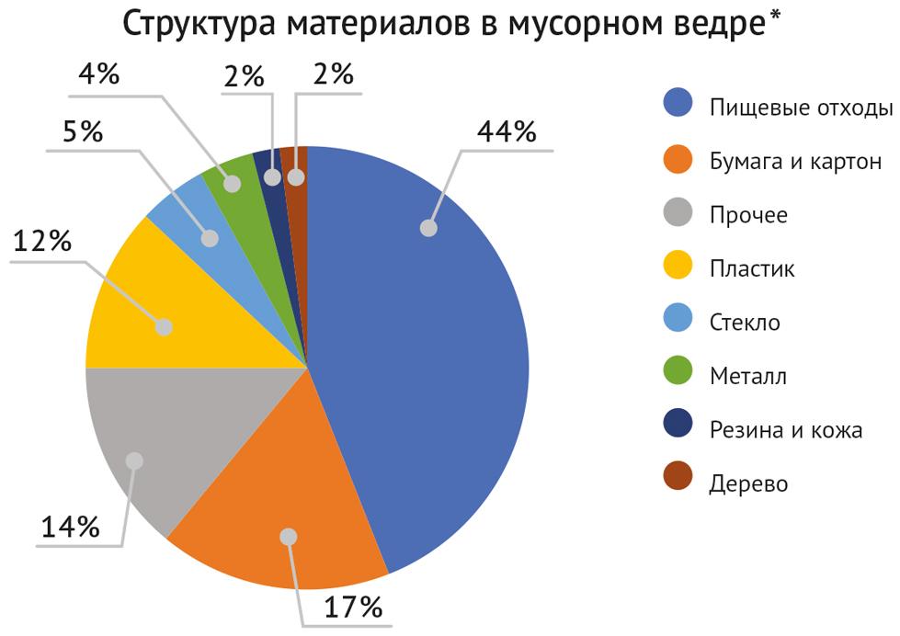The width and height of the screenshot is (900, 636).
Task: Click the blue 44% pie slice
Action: [432, 349]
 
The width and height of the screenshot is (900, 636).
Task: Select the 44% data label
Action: [506, 131]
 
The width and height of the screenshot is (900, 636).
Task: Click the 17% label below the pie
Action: [351, 606]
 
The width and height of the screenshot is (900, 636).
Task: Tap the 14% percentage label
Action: [70, 527]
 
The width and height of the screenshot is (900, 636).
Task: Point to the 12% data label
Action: [41, 242]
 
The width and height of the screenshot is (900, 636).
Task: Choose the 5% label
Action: [83, 131]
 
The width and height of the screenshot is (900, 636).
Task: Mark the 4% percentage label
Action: [98, 74]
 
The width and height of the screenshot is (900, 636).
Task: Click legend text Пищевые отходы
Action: [801, 108]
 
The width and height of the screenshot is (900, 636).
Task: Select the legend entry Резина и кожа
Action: [785, 429]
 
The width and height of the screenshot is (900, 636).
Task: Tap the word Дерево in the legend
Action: [748, 483]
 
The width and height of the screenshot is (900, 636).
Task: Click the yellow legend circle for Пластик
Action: [677, 268]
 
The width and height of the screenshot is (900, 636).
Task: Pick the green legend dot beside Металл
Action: [677, 376]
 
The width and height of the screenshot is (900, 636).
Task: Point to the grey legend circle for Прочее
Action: [677, 215]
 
